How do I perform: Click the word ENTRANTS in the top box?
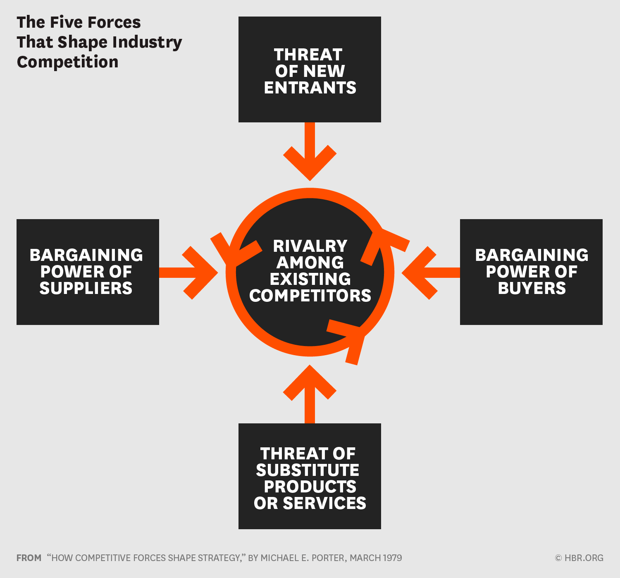pyautogui.click(x=310, y=88)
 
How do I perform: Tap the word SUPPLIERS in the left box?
pyautogui.click(x=86, y=288)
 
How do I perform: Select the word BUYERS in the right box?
pyautogui.click(x=532, y=288)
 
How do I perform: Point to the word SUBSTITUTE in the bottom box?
pyautogui.click(x=308, y=470)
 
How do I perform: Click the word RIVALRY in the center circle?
pyautogui.click(x=310, y=246)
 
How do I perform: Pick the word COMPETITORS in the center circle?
pyautogui.click(x=310, y=296)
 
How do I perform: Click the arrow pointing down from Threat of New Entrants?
pyautogui.click(x=310, y=153)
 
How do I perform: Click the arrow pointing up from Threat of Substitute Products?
pyautogui.click(x=310, y=393)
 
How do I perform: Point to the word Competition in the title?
pyautogui.click(x=68, y=62)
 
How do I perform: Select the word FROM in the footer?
pyautogui.click(x=29, y=558)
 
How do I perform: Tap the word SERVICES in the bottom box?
pyautogui.click(x=324, y=503)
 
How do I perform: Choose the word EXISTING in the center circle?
pyautogui.click(x=310, y=279)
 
